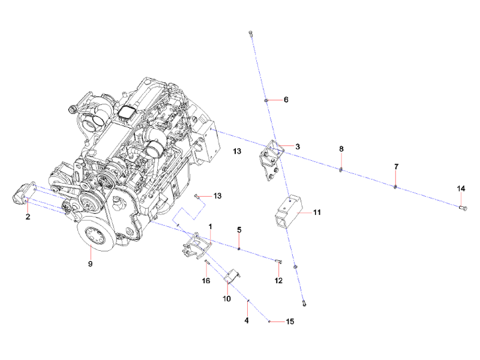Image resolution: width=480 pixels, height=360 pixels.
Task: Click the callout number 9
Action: click(x=91, y=263)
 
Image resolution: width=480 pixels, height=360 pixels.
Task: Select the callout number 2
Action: click(x=28, y=217)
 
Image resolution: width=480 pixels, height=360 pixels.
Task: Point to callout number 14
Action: click(x=461, y=188)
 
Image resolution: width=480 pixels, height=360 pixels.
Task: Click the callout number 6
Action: click(x=286, y=100)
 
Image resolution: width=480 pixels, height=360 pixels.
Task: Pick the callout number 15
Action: click(x=290, y=322)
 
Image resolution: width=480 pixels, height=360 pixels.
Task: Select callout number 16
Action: click(x=206, y=280)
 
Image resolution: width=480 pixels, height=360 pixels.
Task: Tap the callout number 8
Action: click(x=341, y=148)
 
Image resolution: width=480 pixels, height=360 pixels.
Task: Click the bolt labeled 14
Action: click(x=462, y=208)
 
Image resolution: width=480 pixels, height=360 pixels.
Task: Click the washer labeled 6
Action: click(x=266, y=100)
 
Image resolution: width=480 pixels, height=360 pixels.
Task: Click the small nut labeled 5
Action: click(x=239, y=248)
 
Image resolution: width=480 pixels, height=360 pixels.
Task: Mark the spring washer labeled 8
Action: click(x=341, y=169)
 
